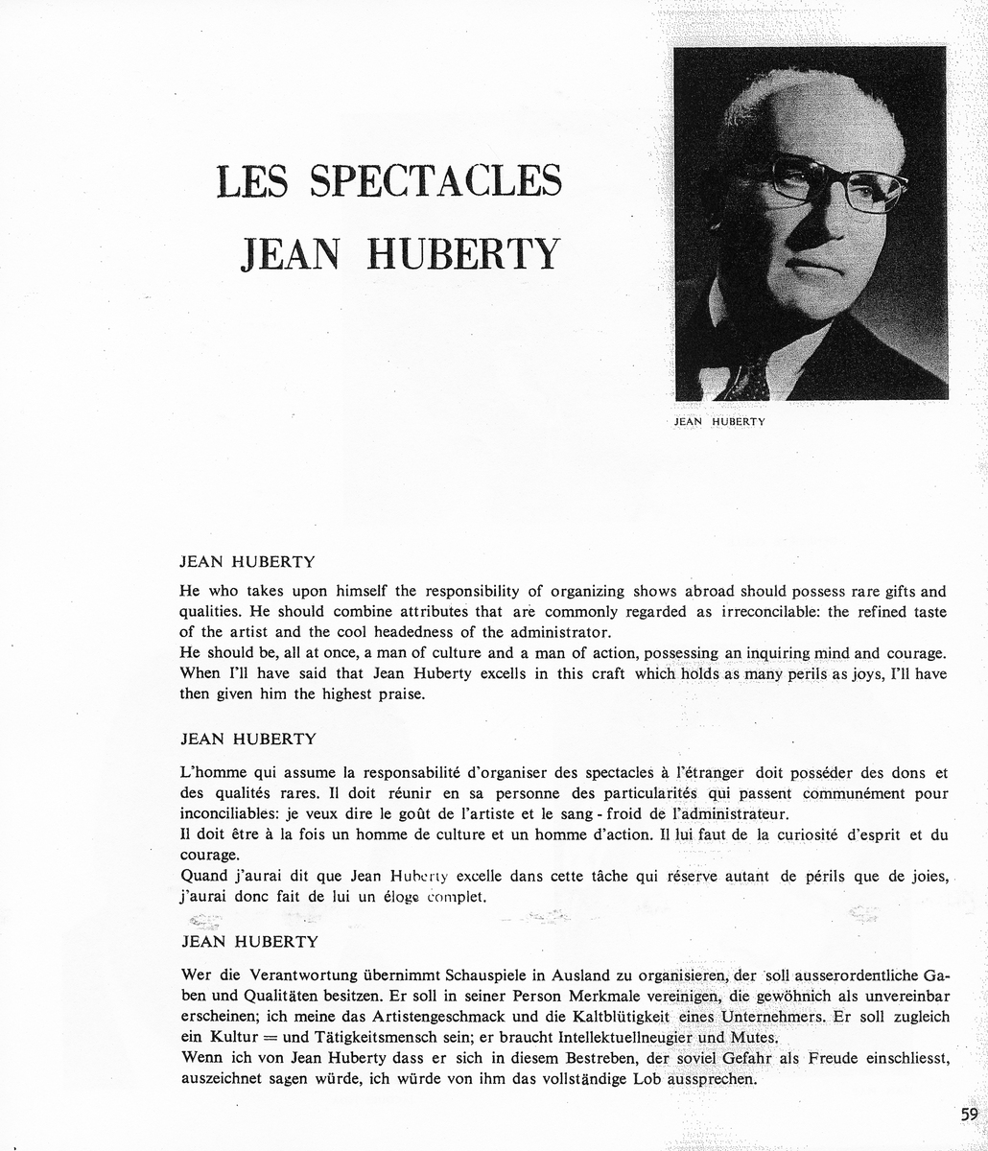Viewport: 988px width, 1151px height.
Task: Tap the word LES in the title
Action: tap(252, 181)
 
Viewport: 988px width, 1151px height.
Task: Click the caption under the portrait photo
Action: tap(719, 420)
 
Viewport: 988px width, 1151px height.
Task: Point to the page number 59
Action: tap(969, 1114)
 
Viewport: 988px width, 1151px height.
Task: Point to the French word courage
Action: tap(208, 855)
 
